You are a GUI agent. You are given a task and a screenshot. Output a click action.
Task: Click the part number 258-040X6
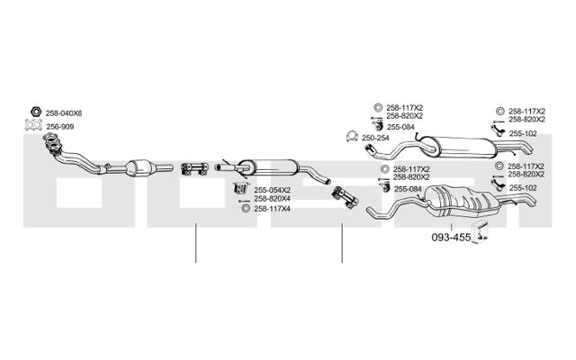tap(64, 113)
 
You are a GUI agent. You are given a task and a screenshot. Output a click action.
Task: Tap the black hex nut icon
tap(36, 112)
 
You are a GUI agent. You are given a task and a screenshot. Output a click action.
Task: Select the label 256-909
tap(60, 127)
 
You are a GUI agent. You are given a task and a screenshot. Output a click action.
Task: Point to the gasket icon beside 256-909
tap(33, 125)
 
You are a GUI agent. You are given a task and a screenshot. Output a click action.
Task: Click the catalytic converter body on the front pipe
tap(139, 167)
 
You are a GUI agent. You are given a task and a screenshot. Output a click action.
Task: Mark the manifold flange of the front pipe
tap(52, 143)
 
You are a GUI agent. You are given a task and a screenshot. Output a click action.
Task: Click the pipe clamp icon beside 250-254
tap(352, 137)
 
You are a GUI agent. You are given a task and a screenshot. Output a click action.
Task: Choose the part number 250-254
tap(375, 138)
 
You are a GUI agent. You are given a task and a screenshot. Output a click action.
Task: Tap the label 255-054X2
tap(272, 190)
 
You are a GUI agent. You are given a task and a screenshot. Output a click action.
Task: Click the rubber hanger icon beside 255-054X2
tap(241, 188)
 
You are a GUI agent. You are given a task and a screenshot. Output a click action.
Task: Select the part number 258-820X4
tap(272, 199)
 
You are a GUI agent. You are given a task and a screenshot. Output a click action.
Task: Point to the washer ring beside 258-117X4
tap(246, 209)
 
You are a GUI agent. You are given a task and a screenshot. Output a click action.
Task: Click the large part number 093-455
tap(451, 238)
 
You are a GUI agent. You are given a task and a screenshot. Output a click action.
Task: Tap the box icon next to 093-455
tap(480, 232)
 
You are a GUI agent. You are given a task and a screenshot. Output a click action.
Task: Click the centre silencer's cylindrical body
tap(268, 168)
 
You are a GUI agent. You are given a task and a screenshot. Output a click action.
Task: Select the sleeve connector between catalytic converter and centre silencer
tap(194, 168)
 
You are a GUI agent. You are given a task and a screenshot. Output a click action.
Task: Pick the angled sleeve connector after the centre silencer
tap(345, 198)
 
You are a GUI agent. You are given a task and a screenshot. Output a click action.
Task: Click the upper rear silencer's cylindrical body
tap(458, 148)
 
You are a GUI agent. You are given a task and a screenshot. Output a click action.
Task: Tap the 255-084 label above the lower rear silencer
tap(408, 189)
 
